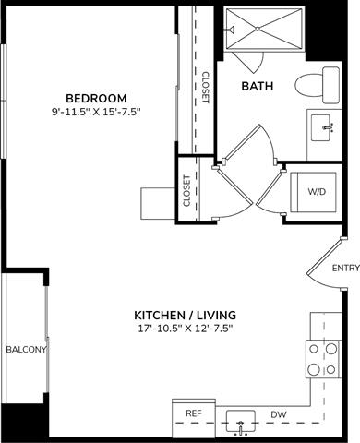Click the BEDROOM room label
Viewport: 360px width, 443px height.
click(x=96, y=99)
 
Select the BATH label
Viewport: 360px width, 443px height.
click(x=256, y=87)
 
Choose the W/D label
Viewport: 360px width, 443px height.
click(x=317, y=191)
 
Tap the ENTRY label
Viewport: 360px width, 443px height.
click(x=345, y=269)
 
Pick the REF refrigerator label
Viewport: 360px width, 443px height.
click(x=193, y=414)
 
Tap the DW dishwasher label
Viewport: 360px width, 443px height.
click(x=277, y=414)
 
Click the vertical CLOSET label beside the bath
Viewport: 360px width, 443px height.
click(x=204, y=87)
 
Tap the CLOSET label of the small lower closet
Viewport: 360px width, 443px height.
click(x=186, y=191)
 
